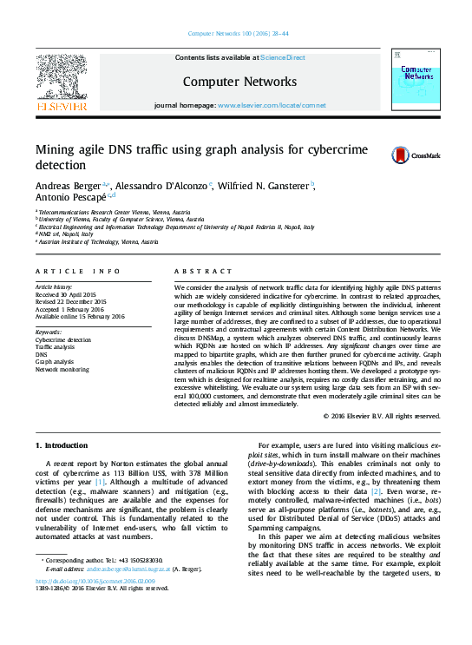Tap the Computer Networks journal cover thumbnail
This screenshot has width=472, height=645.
[415, 81]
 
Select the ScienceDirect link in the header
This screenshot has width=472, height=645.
[283, 58]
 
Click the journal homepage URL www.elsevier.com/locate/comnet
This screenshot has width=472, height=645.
[272, 105]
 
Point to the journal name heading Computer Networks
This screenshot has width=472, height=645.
[239, 82]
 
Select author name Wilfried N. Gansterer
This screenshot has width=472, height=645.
[267, 186]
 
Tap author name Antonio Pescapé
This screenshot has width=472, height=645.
[65, 199]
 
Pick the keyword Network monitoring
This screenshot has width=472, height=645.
[62, 369]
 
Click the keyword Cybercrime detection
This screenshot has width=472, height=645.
[62, 340]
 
